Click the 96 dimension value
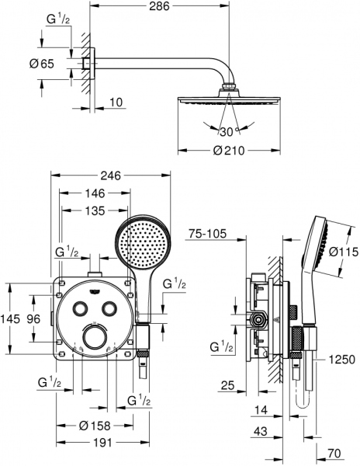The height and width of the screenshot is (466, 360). click(34, 319)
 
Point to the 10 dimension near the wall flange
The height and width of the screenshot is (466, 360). click(115, 100)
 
